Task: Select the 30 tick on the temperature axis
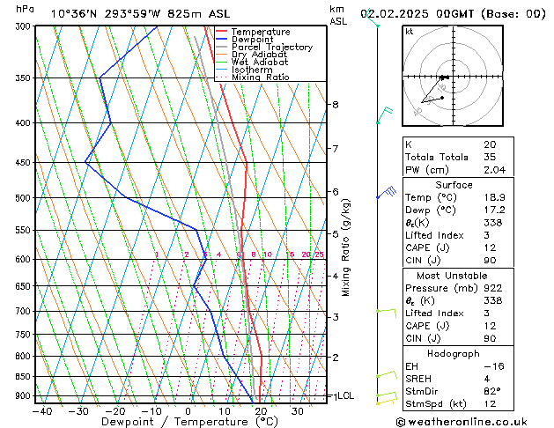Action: tap(298, 410)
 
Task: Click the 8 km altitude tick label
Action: tap(335, 105)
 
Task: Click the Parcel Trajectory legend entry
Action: tap(271, 48)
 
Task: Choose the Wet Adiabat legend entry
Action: tap(260, 63)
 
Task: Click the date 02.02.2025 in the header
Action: tap(409, 13)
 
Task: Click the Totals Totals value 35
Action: tap(490, 157)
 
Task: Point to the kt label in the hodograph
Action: tap(409, 32)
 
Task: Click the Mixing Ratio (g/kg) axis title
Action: tap(345, 247)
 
